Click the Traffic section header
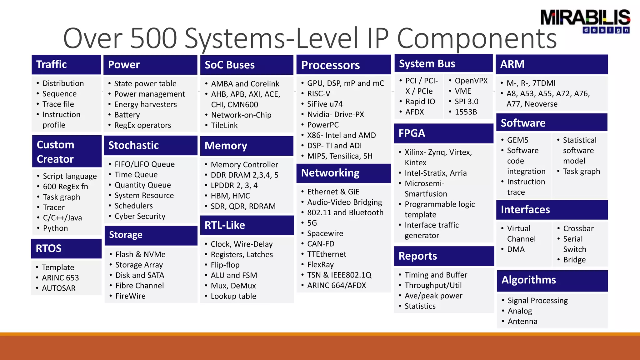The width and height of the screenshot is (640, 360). pyautogui.click(x=52, y=64)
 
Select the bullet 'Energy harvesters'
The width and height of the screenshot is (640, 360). pyautogui.click(x=145, y=104)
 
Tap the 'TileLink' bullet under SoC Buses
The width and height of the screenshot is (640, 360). pyautogui.click(x=224, y=125)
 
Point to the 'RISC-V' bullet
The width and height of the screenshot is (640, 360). pyautogui.click(x=318, y=93)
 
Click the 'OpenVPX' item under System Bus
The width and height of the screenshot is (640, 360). pyautogui.click(x=471, y=81)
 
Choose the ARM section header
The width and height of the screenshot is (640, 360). pyautogui.click(x=512, y=64)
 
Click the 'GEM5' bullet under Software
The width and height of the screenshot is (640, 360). pyautogui.click(x=517, y=140)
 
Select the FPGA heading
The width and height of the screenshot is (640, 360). pyautogui.click(x=412, y=133)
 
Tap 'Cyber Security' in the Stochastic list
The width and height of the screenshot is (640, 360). pyautogui.click(x=140, y=216)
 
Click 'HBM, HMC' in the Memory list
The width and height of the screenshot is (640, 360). pyautogui.click(x=230, y=196)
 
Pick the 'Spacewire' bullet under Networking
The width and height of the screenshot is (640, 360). pyautogui.click(x=325, y=233)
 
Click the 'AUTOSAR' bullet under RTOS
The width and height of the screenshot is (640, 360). pyautogui.click(x=58, y=288)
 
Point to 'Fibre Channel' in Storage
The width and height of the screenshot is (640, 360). pyautogui.click(x=139, y=286)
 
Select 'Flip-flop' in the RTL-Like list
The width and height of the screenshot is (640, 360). pyautogui.click(x=225, y=265)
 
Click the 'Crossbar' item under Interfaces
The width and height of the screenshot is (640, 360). pyautogui.click(x=578, y=228)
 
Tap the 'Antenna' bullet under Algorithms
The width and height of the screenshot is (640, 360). pyautogui.click(x=522, y=321)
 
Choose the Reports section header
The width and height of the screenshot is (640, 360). pyautogui.click(x=417, y=256)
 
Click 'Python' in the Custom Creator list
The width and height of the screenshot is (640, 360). pyautogui.click(x=55, y=228)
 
